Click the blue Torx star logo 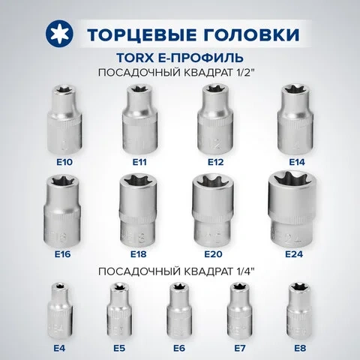[59, 34]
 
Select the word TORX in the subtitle [135, 58]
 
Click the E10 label [64, 162]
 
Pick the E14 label [297, 162]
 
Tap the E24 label [294, 254]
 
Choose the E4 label [59, 348]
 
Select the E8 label [300, 348]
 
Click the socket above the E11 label [139, 119]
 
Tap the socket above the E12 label [215, 119]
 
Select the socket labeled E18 [138, 209]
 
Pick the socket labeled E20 [213, 209]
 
